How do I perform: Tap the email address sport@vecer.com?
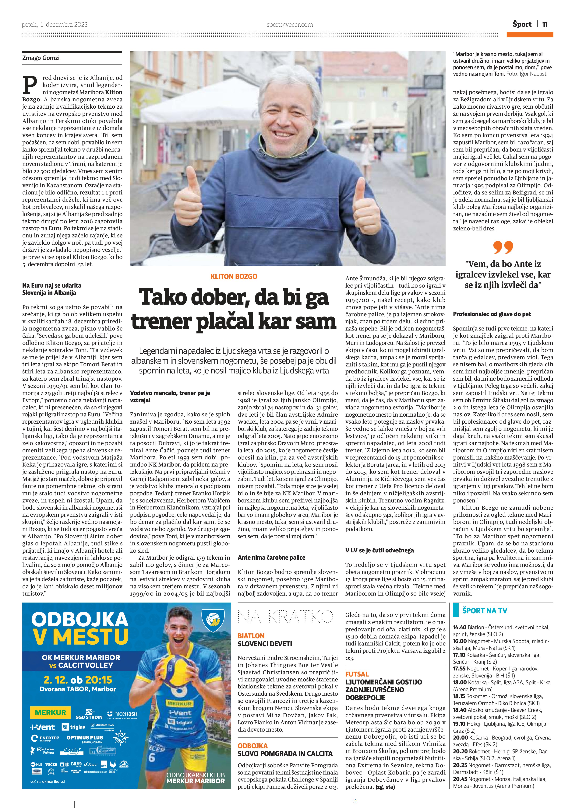click(290, 25)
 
